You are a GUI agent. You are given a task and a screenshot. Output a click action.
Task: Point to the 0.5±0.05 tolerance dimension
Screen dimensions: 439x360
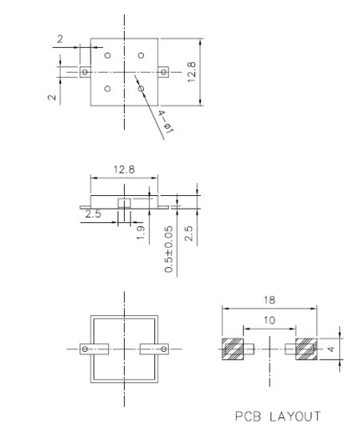click(x=169, y=249)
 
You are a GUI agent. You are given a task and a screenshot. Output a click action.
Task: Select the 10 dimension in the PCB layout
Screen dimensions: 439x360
click(x=269, y=320)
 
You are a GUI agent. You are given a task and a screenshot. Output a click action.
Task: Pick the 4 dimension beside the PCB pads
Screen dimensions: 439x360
click(x=330, y=350)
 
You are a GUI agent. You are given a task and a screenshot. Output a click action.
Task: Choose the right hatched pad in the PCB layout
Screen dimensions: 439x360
click(x=306, y=349)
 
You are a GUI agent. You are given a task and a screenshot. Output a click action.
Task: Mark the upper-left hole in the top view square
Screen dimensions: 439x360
click(x=106, y=55)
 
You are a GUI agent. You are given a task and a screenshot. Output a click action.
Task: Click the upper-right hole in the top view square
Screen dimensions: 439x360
click(x=141, y=55)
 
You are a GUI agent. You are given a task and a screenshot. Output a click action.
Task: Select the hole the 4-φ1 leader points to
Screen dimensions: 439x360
click(x=141, y=88)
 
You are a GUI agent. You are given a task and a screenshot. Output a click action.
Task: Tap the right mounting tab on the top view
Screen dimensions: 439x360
click(x=163, y=72)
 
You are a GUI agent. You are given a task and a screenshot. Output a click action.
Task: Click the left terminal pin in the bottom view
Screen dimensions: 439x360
click(x=92, y=349)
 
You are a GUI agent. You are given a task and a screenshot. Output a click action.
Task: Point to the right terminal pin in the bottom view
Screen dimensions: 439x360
click(x=154, y=349)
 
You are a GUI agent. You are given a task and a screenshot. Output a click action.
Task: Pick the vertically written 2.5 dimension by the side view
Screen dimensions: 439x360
click(x=190, y=234)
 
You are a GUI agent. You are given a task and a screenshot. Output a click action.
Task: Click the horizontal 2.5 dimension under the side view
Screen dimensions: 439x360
click(x=93, y=214)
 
